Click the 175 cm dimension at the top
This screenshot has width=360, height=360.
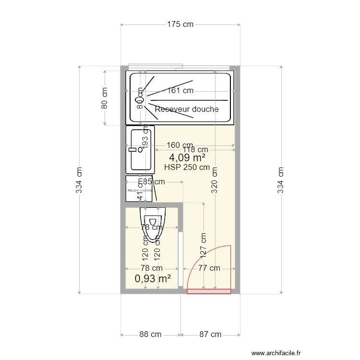pyautogui.click(x=180, y=24)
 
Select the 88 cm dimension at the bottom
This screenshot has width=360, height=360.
pyautogui.click(x=150, y=335)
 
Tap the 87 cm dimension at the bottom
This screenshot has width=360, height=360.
pyautogui.click(x=210, y=335)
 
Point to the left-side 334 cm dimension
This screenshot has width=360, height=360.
pyautogui.click(x=79, y=180)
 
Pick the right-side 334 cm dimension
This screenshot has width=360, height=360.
pyautogui.click(x=281, y=180)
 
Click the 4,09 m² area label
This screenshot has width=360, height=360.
pyautogui.click(x=187, y=157)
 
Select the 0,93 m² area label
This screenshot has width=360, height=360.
pyautogui.click(x=153, y=278)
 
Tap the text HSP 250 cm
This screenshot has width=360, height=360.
pyautogui.click(x=187, y=168)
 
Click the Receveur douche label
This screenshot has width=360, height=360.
pyautogui.click(x=186, y=109)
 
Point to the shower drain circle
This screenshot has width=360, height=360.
pyautogui.click(x=140, y=100)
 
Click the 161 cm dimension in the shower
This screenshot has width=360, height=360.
pyautogui.click(x=180, y=90)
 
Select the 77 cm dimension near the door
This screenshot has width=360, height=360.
pyautogui.click(x=209, y=268)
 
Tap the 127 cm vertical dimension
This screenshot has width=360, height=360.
pyautogui.click(x=204, y=244)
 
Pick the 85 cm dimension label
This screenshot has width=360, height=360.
pyautogui.click(x=154, y=182)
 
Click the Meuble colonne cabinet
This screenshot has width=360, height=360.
pyautogui.click(x=139, y=190)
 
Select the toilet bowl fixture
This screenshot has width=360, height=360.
pyautogui.click(x=153, y=223)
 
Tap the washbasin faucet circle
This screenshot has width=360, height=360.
pyautogui.click(x=140, y=150)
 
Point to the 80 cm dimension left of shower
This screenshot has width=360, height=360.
pyautogui.click(x=105, y=98)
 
